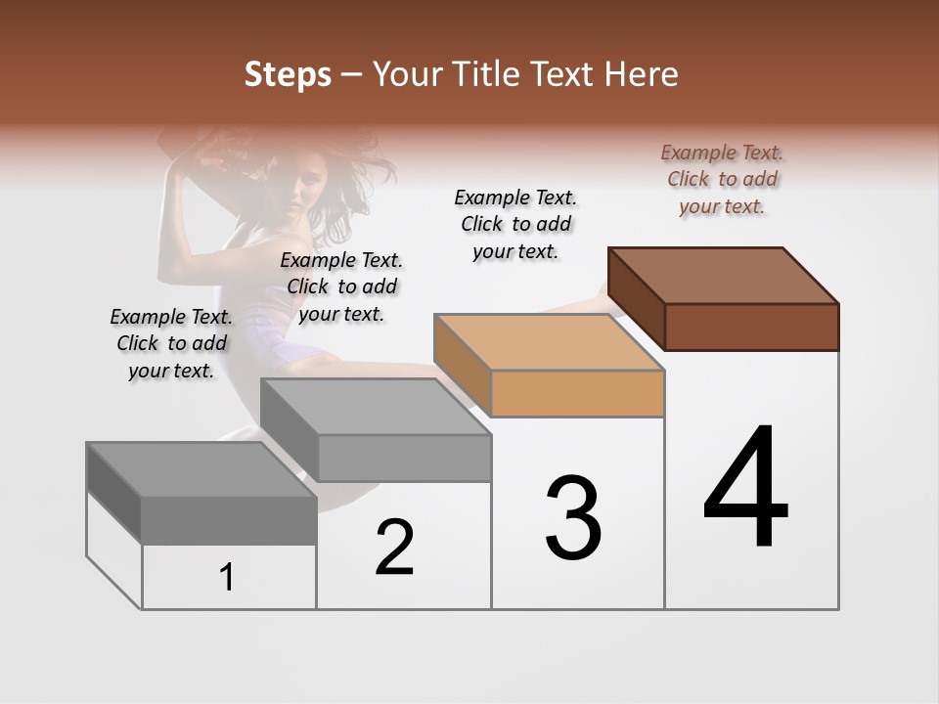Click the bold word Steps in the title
[x=287, y=74]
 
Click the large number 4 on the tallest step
[x=745, y=488]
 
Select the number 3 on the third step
[x=572, y=518]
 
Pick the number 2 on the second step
[x=394, y=548]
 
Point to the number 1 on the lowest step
[x=227, y=578]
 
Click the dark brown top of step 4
[x=724, y=275]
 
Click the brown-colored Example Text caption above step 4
[x=722, y=179]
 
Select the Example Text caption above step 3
[x=515, y=224]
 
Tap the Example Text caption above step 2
[x=341, y=286]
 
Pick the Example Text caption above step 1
[x=171, y=343]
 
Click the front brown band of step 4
[x=751, y=327]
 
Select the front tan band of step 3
[x=577, y=394]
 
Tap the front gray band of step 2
[x=404, y=458]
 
